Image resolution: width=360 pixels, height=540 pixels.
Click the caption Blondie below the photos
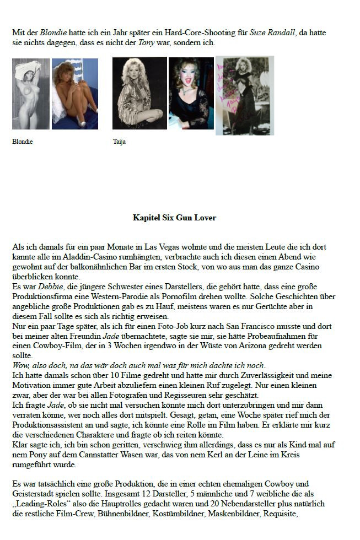click(x=22, y=142)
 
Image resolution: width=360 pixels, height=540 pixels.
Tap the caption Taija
click(x=119, y=142)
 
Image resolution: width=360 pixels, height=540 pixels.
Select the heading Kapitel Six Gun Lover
click(x=174, y=218)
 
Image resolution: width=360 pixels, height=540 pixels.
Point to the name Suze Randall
click(x=272, y=33)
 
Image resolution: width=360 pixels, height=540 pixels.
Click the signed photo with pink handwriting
click(x=244, y=95)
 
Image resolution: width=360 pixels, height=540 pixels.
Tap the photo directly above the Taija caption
click(x=139, y=93)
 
